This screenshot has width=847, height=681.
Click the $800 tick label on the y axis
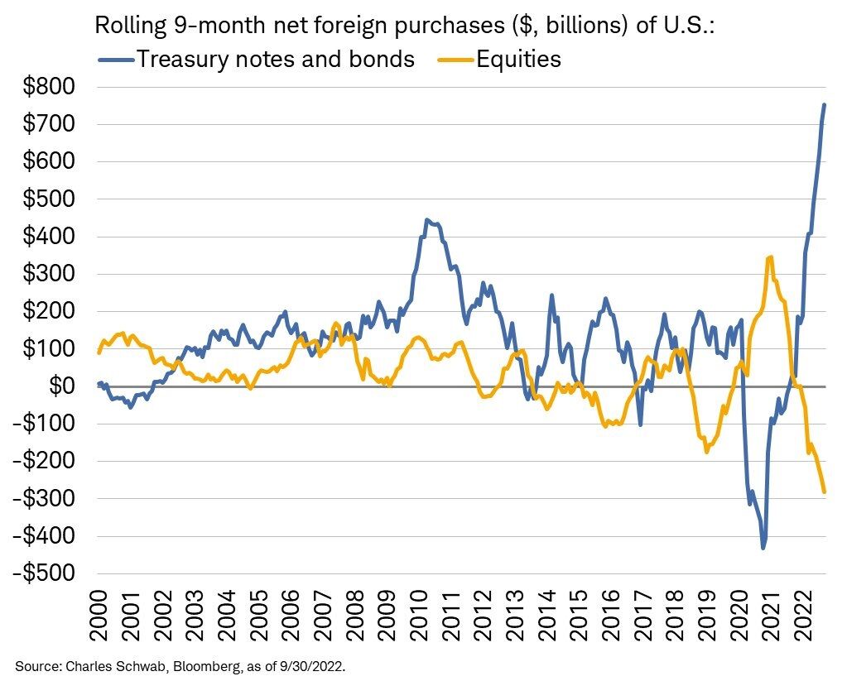(x=49, y=87)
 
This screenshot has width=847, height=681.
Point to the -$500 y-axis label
(x=46, y=573)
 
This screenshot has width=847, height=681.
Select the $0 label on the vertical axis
(x=64, y=386)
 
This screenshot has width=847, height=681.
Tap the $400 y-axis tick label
(x=49, y=237)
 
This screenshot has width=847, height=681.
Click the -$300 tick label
(x=46, y=499)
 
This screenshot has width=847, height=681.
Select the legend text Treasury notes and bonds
(x=274, y=59)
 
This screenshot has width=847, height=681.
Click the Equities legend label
(x=518, y=59)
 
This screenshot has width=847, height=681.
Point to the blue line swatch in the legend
(x=113, y=60)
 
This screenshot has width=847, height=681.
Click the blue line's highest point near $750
(x=824, y=104)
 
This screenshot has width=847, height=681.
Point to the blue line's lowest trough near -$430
(x=763, y=547)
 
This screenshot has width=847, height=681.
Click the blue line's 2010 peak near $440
(x=426, y=220)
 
